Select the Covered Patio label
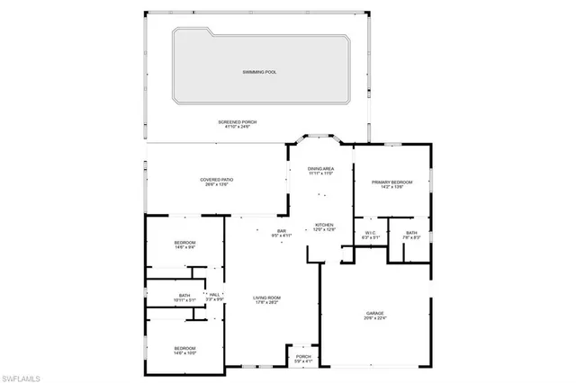point(218,180)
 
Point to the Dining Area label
point(321,168)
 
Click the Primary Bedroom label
point(391,183)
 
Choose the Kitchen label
point(324,225)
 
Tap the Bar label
point(281,232)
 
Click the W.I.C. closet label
point(370,233)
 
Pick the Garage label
point(374,312)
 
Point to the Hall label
point(214,294)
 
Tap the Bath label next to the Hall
point(184,296)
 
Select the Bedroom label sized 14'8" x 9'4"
point(184,243)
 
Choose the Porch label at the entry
point(303,356)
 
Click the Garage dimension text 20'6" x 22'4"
point(374,317)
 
